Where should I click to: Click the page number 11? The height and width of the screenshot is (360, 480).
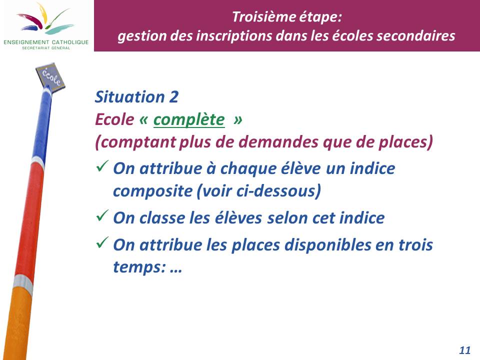point(464,350)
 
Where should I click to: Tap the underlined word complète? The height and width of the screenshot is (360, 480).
point(189,119)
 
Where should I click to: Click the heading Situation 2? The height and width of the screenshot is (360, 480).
point(136,97)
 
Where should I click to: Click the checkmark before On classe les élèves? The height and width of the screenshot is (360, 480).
point(102,215)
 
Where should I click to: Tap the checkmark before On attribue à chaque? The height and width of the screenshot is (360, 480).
point(102,166)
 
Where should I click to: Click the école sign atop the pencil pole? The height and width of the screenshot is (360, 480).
point(50,77)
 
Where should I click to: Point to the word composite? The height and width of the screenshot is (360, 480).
point(152,191)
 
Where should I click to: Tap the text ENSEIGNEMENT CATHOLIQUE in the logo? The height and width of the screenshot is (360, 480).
point(46,42)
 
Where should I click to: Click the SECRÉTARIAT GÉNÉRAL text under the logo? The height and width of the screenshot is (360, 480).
point(46,48)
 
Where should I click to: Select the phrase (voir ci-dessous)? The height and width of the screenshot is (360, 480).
point(258,191)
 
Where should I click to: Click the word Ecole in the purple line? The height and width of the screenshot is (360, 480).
point(114,119)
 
